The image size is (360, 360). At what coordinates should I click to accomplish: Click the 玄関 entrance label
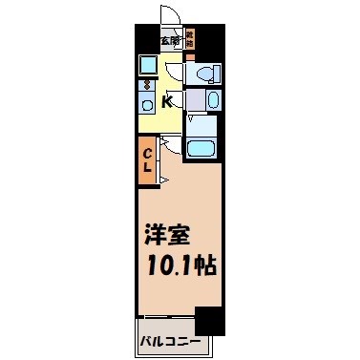(x=170, y=40)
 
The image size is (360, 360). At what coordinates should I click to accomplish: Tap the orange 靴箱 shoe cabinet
(x=190, y=39)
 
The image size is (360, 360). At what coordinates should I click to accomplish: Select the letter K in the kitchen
(x=167, y=102)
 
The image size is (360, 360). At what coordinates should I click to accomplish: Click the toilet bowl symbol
(x=206, y=75)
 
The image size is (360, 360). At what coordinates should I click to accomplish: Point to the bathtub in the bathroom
(x=201, y=148)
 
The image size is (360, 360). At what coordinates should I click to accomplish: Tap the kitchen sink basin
(x=147, y=104)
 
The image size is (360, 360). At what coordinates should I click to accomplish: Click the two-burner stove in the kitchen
(x=147, y=84)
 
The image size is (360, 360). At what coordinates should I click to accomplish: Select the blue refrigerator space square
(x=147, y=65)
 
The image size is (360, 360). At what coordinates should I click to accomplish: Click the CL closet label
(x=148, y=162)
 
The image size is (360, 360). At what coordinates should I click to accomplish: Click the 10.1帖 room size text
(x=180, y=265)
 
